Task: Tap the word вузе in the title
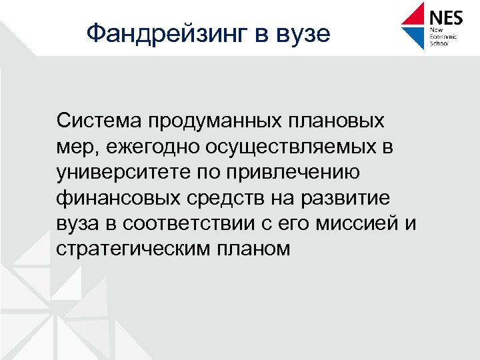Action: [x=298, y=32]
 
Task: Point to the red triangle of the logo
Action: [x=415, y=15]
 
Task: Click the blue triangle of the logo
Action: [x=415, y=37]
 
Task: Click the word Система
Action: [x=99, y=121]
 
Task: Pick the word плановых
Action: [x=347, y=123]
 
